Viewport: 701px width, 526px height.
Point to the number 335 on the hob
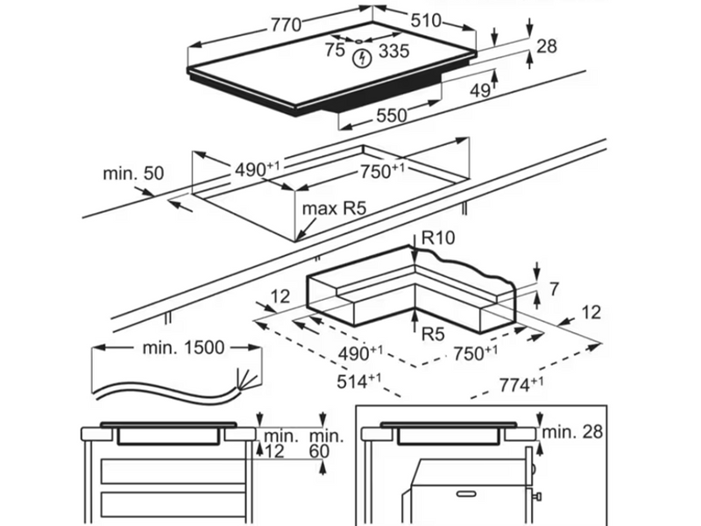click(x=393, y=51)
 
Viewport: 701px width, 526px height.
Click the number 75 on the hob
click(x=334, y=51)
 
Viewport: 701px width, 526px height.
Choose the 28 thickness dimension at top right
click(x=547, y=46)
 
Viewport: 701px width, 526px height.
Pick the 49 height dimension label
click(x=480, y=90)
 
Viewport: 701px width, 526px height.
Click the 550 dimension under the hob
click(x=393, y=115)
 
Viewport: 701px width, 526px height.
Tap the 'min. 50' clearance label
click(x=133, y=173)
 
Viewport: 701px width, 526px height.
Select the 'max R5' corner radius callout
click(x=333, y=209)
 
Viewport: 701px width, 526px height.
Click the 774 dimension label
click(x=520, y=382)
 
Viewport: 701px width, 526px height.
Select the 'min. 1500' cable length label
click(x=183, y=347)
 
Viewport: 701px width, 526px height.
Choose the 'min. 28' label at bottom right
click(x=574, y=432)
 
